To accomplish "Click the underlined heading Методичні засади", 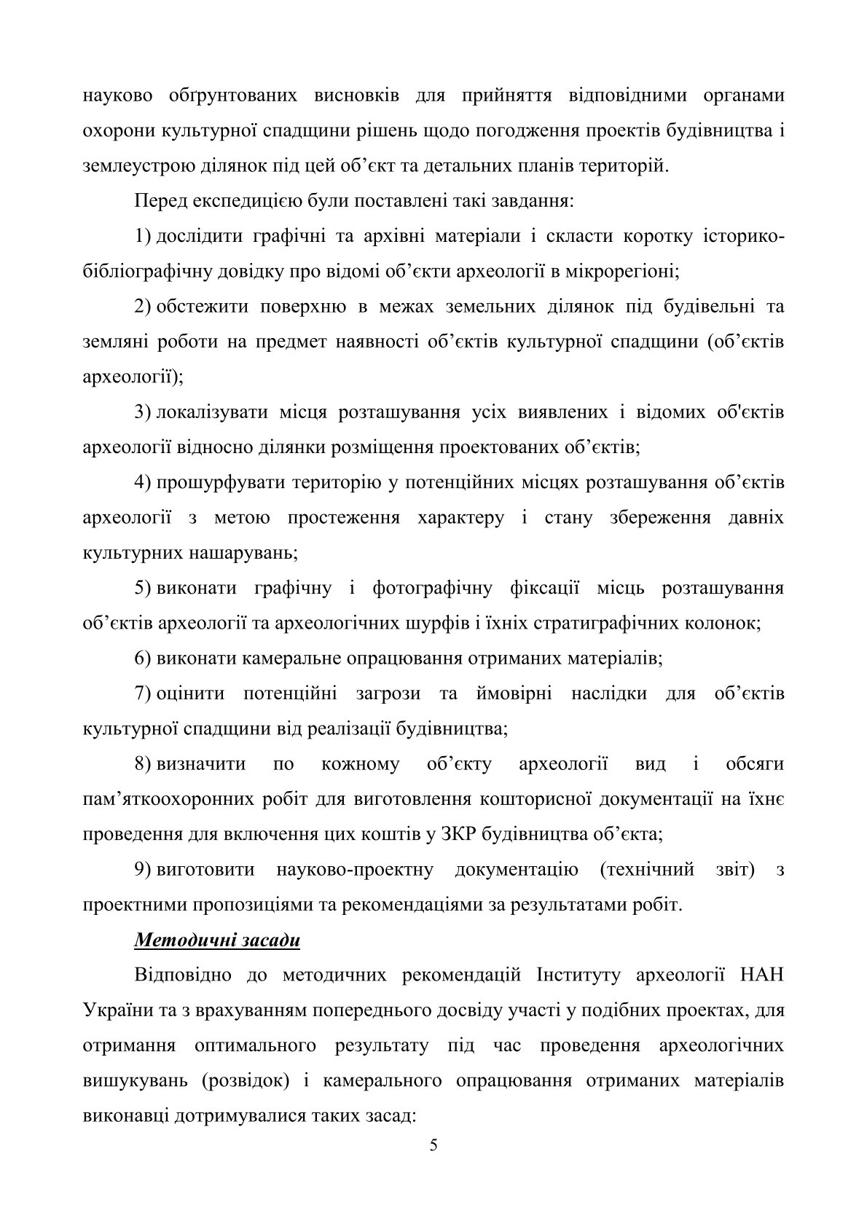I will tap(217, 940).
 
